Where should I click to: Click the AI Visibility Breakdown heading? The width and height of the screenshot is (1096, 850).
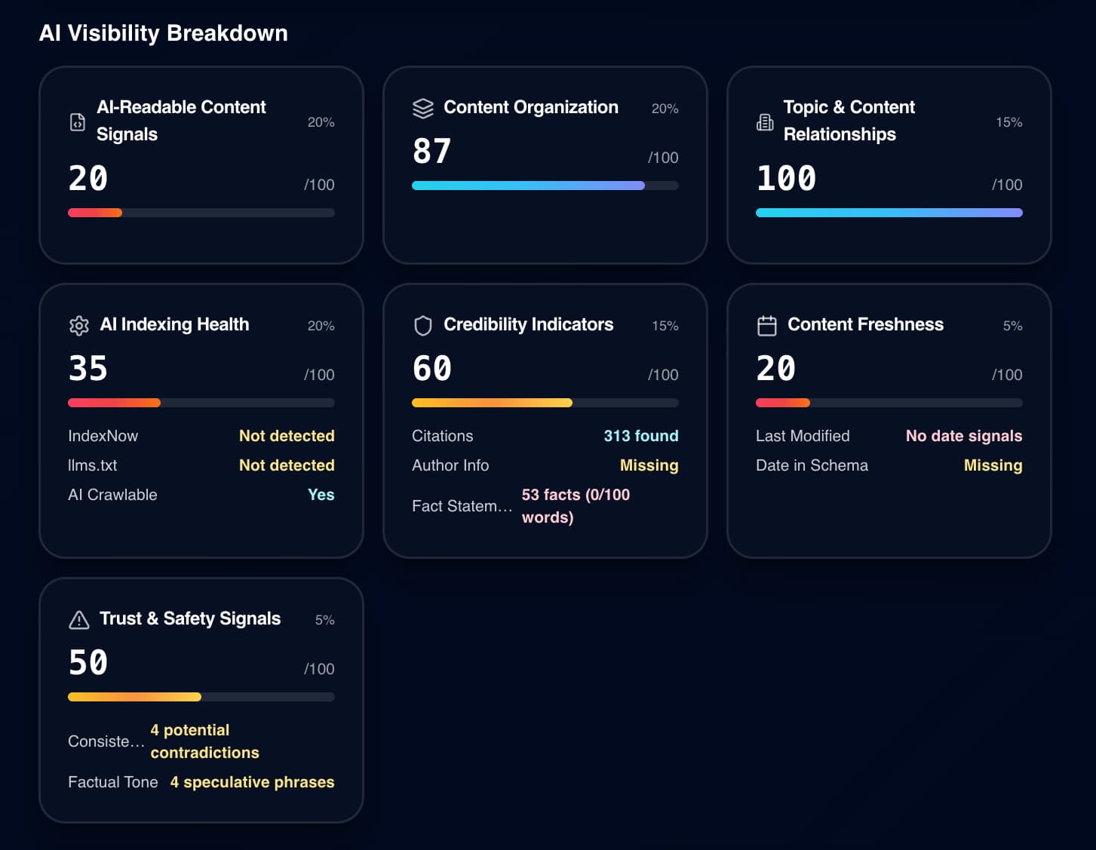[x=163, y=33]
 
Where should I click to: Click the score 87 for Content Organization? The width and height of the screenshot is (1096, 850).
[x=431, y=151]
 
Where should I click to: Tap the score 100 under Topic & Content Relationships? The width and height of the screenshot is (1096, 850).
[x=786, y=179]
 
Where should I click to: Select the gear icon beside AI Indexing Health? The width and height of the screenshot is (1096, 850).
[x=79, y=326]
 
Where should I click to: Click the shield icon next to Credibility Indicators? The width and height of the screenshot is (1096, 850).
[x=423, y=326]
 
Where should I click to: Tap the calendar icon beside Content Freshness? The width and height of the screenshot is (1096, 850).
[x=766, y=326]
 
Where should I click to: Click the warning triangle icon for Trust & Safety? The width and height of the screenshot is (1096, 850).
[x=79, y=620]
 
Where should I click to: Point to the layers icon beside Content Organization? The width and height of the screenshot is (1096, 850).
[x=423, y=109]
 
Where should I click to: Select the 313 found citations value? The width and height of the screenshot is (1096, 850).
[x=640, y=436]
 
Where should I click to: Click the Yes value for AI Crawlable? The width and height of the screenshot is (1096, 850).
[x=321, y=495]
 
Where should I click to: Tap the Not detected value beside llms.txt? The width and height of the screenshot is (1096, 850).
[x=287, y=465]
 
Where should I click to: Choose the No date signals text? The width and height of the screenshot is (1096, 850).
[x=963, y=436]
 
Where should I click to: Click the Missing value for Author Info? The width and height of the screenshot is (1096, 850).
[x=649, y=465]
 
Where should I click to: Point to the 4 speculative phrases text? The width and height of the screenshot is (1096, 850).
[x=252, y=782]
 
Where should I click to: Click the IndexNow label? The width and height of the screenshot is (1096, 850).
[x=103, y=436]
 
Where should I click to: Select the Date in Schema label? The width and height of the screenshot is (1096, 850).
[x=812, y=465]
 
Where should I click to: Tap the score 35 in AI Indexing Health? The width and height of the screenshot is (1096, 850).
[x=87, y=369]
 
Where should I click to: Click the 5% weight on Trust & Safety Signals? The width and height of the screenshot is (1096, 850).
[x=324, y=620]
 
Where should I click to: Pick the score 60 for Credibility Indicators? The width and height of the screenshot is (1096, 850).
[x=431, y=369]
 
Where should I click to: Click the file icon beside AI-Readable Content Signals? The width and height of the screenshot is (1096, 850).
[x=78, y=122]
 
